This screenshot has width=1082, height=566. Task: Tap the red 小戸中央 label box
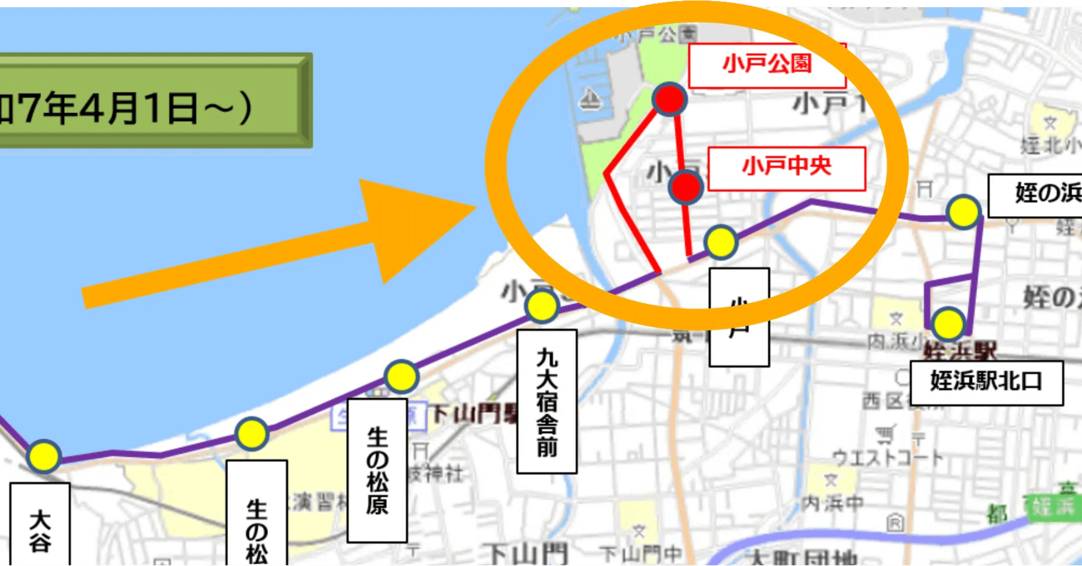click(786, 168)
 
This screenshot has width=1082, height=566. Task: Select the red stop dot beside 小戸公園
click(670, 99)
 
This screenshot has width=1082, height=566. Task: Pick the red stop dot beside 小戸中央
click(685, 187)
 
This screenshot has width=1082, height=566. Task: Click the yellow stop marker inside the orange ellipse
click(721, 242)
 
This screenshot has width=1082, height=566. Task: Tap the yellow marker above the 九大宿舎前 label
click(542, 306)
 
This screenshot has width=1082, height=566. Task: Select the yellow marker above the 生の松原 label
click(401, 377)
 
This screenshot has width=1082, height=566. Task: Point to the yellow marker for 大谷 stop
click(43, 456)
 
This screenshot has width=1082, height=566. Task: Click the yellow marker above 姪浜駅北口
click(948, 324)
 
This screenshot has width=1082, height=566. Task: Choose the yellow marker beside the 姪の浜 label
click(963, 212)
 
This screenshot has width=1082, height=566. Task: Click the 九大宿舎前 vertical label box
click(546, 401)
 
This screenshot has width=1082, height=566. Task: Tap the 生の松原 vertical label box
click(377, 470)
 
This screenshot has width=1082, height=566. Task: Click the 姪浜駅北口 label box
click(986, 382)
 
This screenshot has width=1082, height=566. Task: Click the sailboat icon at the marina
click(590, 99)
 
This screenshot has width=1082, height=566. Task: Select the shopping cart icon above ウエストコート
click(886, 433)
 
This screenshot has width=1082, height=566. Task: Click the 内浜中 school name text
click(832, 503)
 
